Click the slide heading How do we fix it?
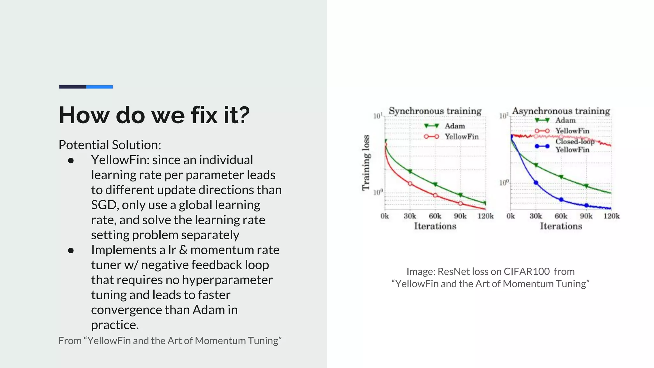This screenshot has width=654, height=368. (x=154, y=115)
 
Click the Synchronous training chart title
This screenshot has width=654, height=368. (x=435, y=111)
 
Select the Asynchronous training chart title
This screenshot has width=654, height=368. (x=561, y=111)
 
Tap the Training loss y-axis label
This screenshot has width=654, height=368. (x=366, y=163)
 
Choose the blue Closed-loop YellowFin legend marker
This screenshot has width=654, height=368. (x=542, y=146)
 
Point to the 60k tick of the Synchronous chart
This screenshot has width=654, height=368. (x=435, y=216)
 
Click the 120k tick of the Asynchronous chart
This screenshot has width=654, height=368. (x=611, y=216)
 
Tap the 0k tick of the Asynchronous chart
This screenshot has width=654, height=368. (x=511, y=216)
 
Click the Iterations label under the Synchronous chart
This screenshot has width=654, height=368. (x=435, y=226)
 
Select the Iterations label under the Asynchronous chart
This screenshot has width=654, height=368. (x=561, y=226)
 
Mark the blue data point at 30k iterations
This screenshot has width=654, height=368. (x=536, y=183)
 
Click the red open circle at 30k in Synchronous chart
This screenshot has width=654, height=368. (x=410, y=183)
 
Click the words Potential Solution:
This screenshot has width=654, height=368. (x=110, y=145)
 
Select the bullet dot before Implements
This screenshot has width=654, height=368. (x=71, y=250)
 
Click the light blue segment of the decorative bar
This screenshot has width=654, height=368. (x=99, y=87)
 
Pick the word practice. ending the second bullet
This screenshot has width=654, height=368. (x=115, y=325)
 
